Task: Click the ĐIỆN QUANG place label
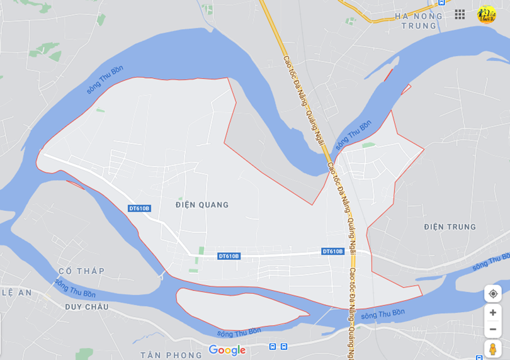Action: [202, 205]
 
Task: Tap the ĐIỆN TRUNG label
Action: [450, 227]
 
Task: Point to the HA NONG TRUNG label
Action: [416, 21]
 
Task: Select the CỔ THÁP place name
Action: [81, 271]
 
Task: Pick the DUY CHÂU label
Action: [86, 307]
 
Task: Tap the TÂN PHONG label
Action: [171, 355]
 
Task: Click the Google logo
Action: [227, 351]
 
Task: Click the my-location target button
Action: [493, 294]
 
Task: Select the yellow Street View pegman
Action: [493, 349]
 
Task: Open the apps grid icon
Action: [460, 14]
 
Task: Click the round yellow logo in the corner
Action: [487, 14]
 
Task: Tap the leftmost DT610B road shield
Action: [139, 208]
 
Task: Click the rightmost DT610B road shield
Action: [332, 251]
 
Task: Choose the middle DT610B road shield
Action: [229, 256]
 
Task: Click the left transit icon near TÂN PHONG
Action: [273, 346]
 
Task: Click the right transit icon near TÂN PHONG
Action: [284, 346]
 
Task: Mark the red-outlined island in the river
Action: [239, 308]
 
